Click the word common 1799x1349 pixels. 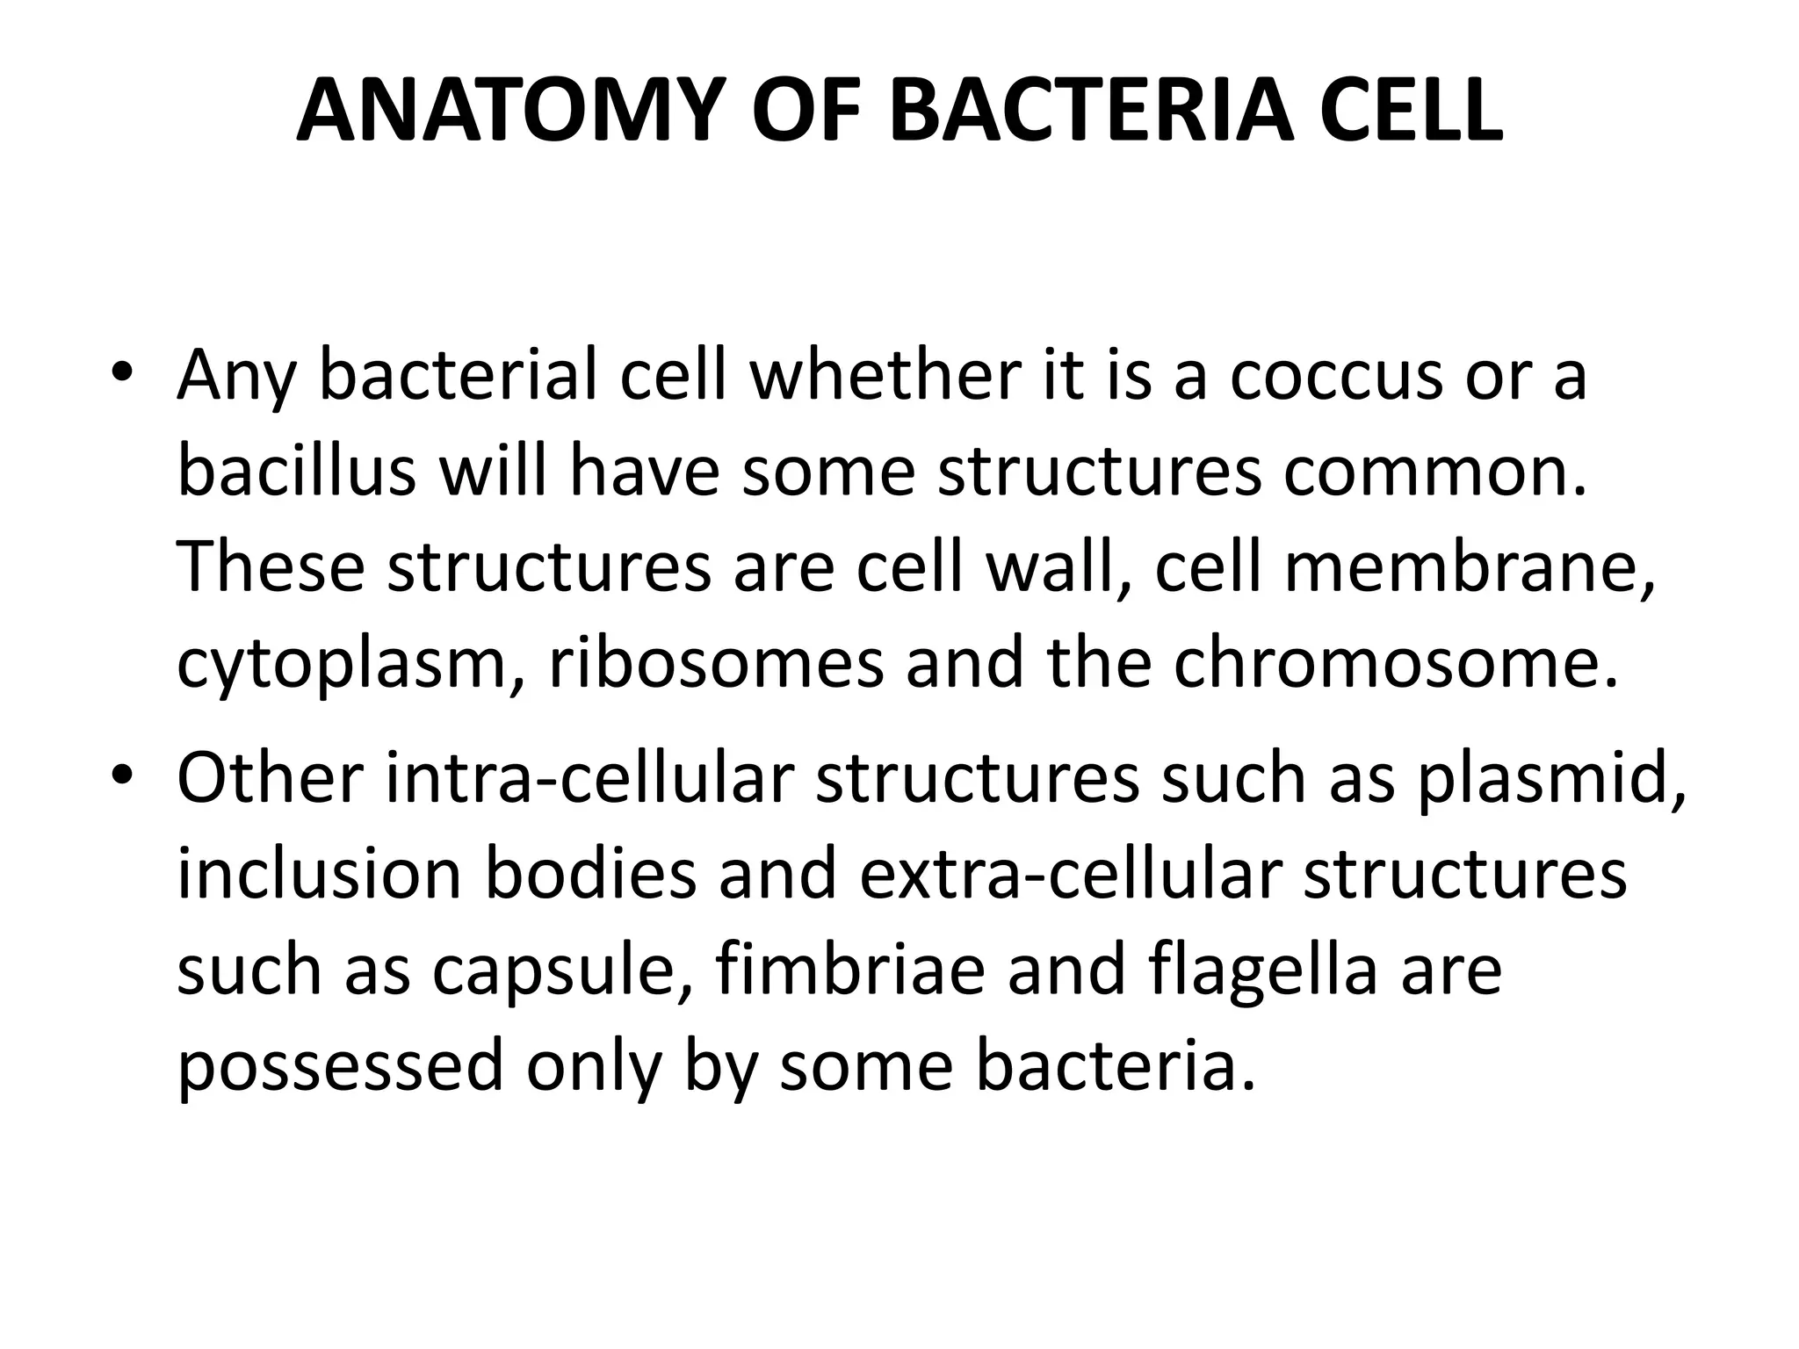pyautogui.click(x=1436, y=473)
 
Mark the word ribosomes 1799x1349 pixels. pyautogui.click(x=716, y=664)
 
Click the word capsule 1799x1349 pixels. pyautogui.click(x=562, y=973)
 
